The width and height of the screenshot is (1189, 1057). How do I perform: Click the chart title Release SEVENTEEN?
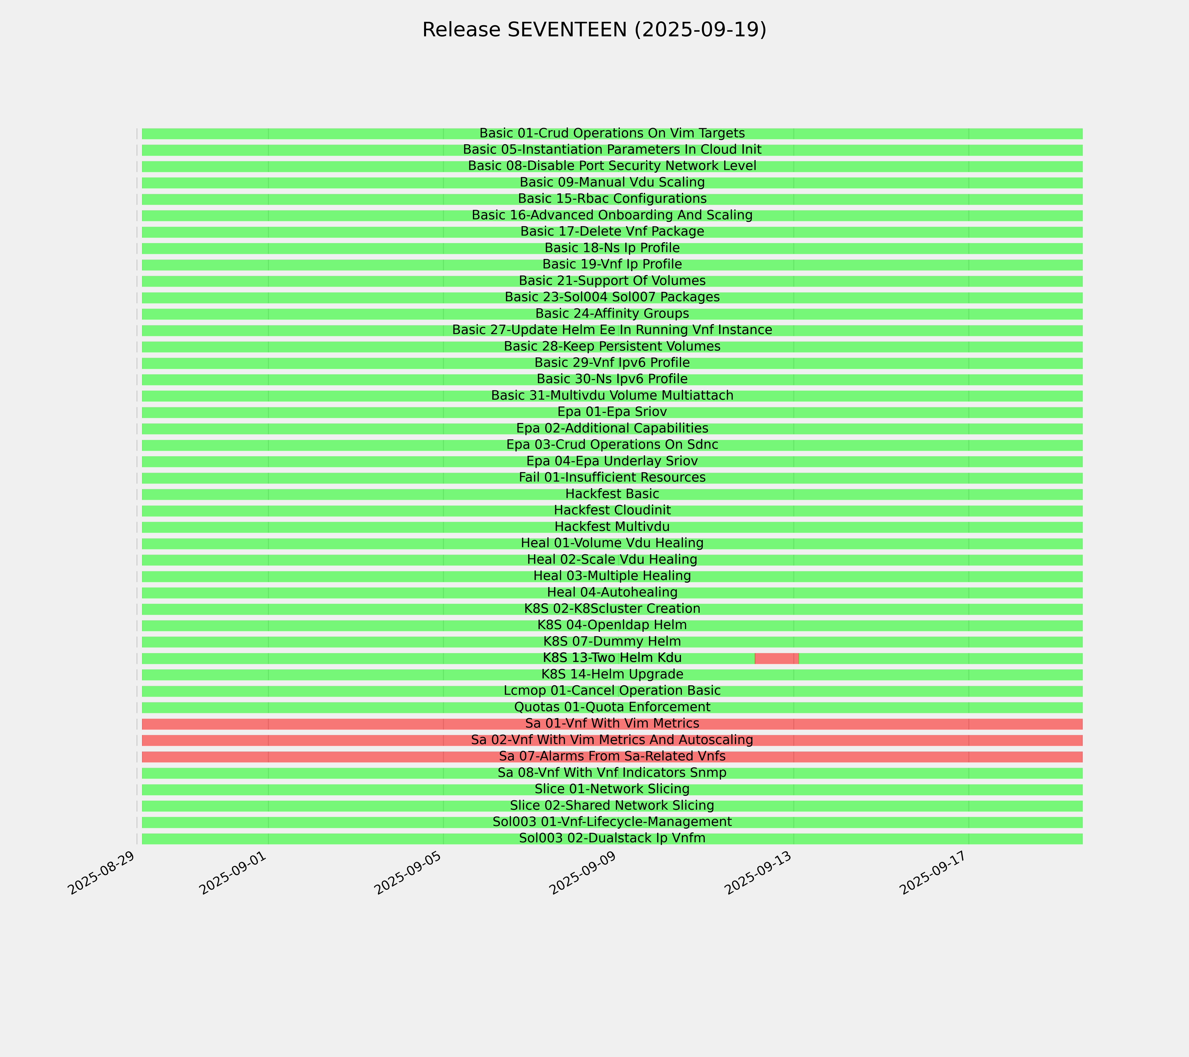(x=594, y=30)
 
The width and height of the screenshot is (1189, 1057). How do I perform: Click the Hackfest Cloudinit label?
(x=612, y=510)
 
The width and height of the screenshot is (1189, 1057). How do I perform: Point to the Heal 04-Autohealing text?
(x=612, y=592)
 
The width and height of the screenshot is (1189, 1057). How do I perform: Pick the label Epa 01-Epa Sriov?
(x=612, y=412)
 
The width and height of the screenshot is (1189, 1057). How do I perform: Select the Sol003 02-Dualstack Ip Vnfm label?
(x=612, y=838)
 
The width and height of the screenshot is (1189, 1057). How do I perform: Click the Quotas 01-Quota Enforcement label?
(x=612, y=707)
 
